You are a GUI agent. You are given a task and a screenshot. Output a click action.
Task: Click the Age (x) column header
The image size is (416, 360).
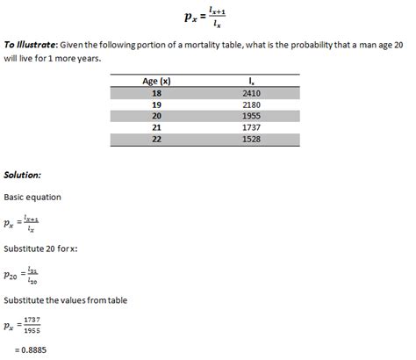[x=155, y=81]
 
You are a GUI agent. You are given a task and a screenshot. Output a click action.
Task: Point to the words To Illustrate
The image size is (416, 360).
[x=31, y=44]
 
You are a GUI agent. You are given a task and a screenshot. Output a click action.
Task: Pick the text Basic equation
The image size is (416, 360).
[x=32, y=198]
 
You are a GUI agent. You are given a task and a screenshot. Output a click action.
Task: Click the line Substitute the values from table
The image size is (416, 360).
[x=66, y=300]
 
